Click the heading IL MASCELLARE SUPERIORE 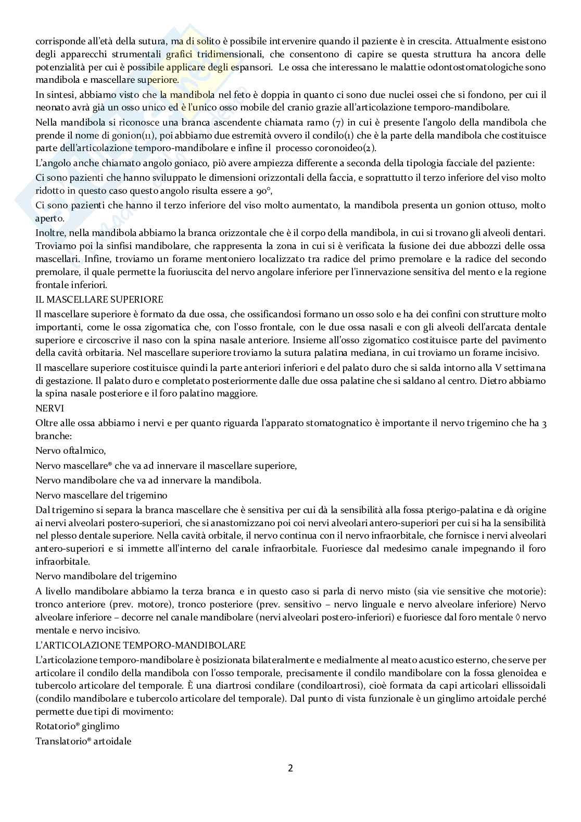point(99,300)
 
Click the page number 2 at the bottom point(290,768)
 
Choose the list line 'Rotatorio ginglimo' point(78,726)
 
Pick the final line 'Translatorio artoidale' point(83,740)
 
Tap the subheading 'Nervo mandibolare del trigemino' point(106,577)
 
